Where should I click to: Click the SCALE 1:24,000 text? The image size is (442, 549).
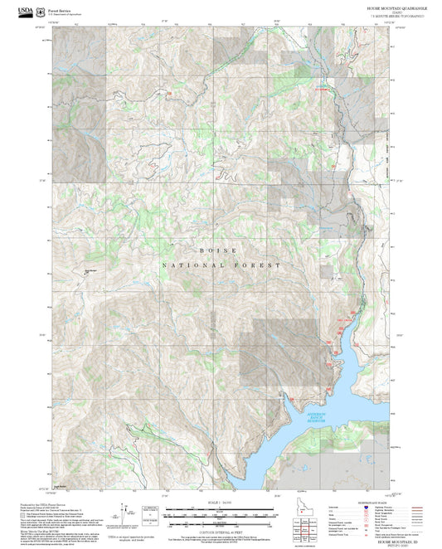point(220,503)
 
